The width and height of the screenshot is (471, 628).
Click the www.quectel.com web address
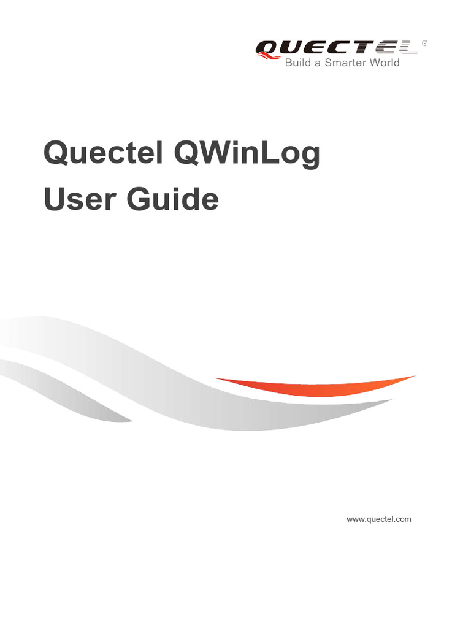tap(379, 519)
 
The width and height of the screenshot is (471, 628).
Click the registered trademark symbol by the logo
tap(425, 44)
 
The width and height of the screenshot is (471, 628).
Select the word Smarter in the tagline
tap(348, 63)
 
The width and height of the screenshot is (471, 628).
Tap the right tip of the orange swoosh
tap(413, 377)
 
